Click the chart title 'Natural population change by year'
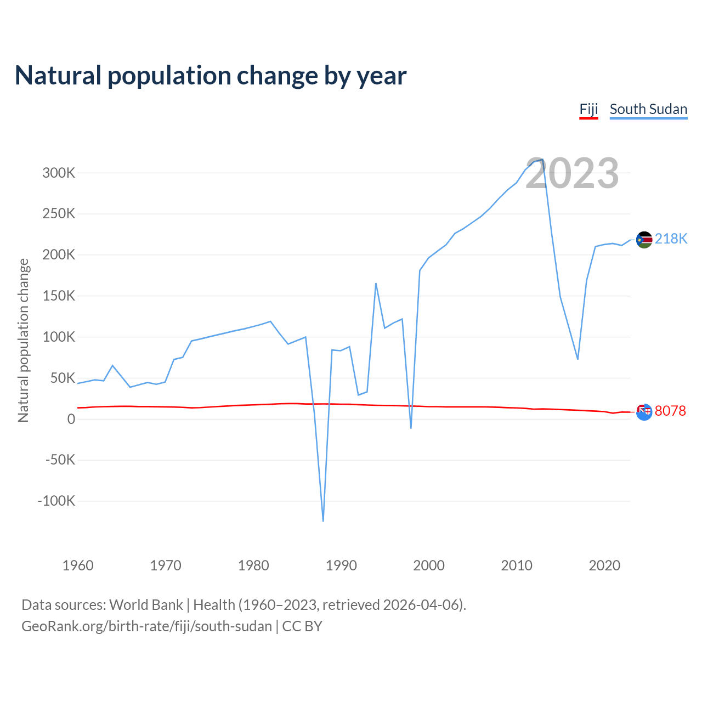pyautogui.click(x=211, y=76)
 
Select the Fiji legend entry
pyautogui.click(x=588, y=109)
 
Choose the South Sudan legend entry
pyautogui.click(x=648, y=109)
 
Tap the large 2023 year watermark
pyautogui.click(x=572, y=173)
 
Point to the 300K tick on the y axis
pyautogui.click(x=59, y=173)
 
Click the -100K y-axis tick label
pyautogui.click(x=56, y=501)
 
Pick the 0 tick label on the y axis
pyautogui.click(x=71, y=419)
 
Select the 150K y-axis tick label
pyautogui.click(x=59, y=296)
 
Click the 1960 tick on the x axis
pyautogui.click(x=78, y=565)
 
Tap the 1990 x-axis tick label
pyautogui.click(x=341, y=565)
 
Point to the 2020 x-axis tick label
pyautogui.click(x=604, y=565)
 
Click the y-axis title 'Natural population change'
pyautogui.click(x=24, y=340)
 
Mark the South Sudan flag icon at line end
pyautogui.click(x=644, y=240)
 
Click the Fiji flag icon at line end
pyautogui.click(x=644, y=412)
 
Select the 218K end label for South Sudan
pyautogui.click(x=671, y=239)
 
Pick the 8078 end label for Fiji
pyautogui.click(x=670, y=411)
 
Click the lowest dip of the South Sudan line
pyautogui.click(x=323, y=520)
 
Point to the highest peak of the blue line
pyautogui.click(x=542, y=160)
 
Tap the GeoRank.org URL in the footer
pyautogui.click(x=146, y=626)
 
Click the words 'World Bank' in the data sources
pyautogui.click(x=146, y=605)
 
